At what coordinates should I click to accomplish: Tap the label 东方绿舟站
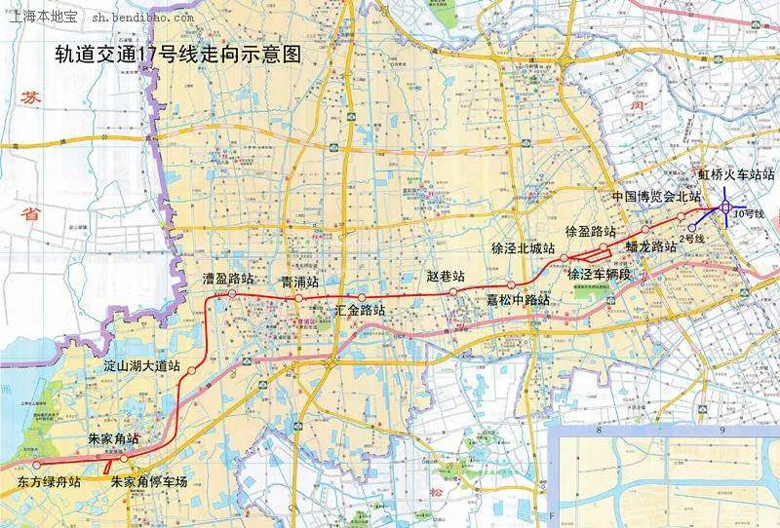(49, 481)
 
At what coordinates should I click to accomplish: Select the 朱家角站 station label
(107, 440)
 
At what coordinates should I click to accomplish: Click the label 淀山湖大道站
(142, 367)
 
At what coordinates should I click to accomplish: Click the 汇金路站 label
(360, 310)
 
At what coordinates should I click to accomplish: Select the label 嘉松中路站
(518, 300)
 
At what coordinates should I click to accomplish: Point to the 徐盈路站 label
(591, 232)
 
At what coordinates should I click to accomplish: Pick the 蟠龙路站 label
(651, 247)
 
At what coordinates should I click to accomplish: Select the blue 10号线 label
(750, 213)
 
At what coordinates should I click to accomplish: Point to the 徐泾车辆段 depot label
(600, 274)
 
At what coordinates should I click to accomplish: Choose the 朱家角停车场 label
(148, 481)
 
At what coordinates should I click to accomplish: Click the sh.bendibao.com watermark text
(143, 18)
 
